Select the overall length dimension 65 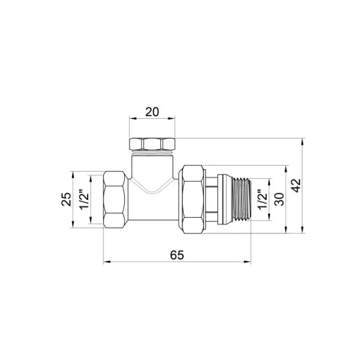click(x=176, y=254)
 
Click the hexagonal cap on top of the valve click(x=152, y=144)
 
